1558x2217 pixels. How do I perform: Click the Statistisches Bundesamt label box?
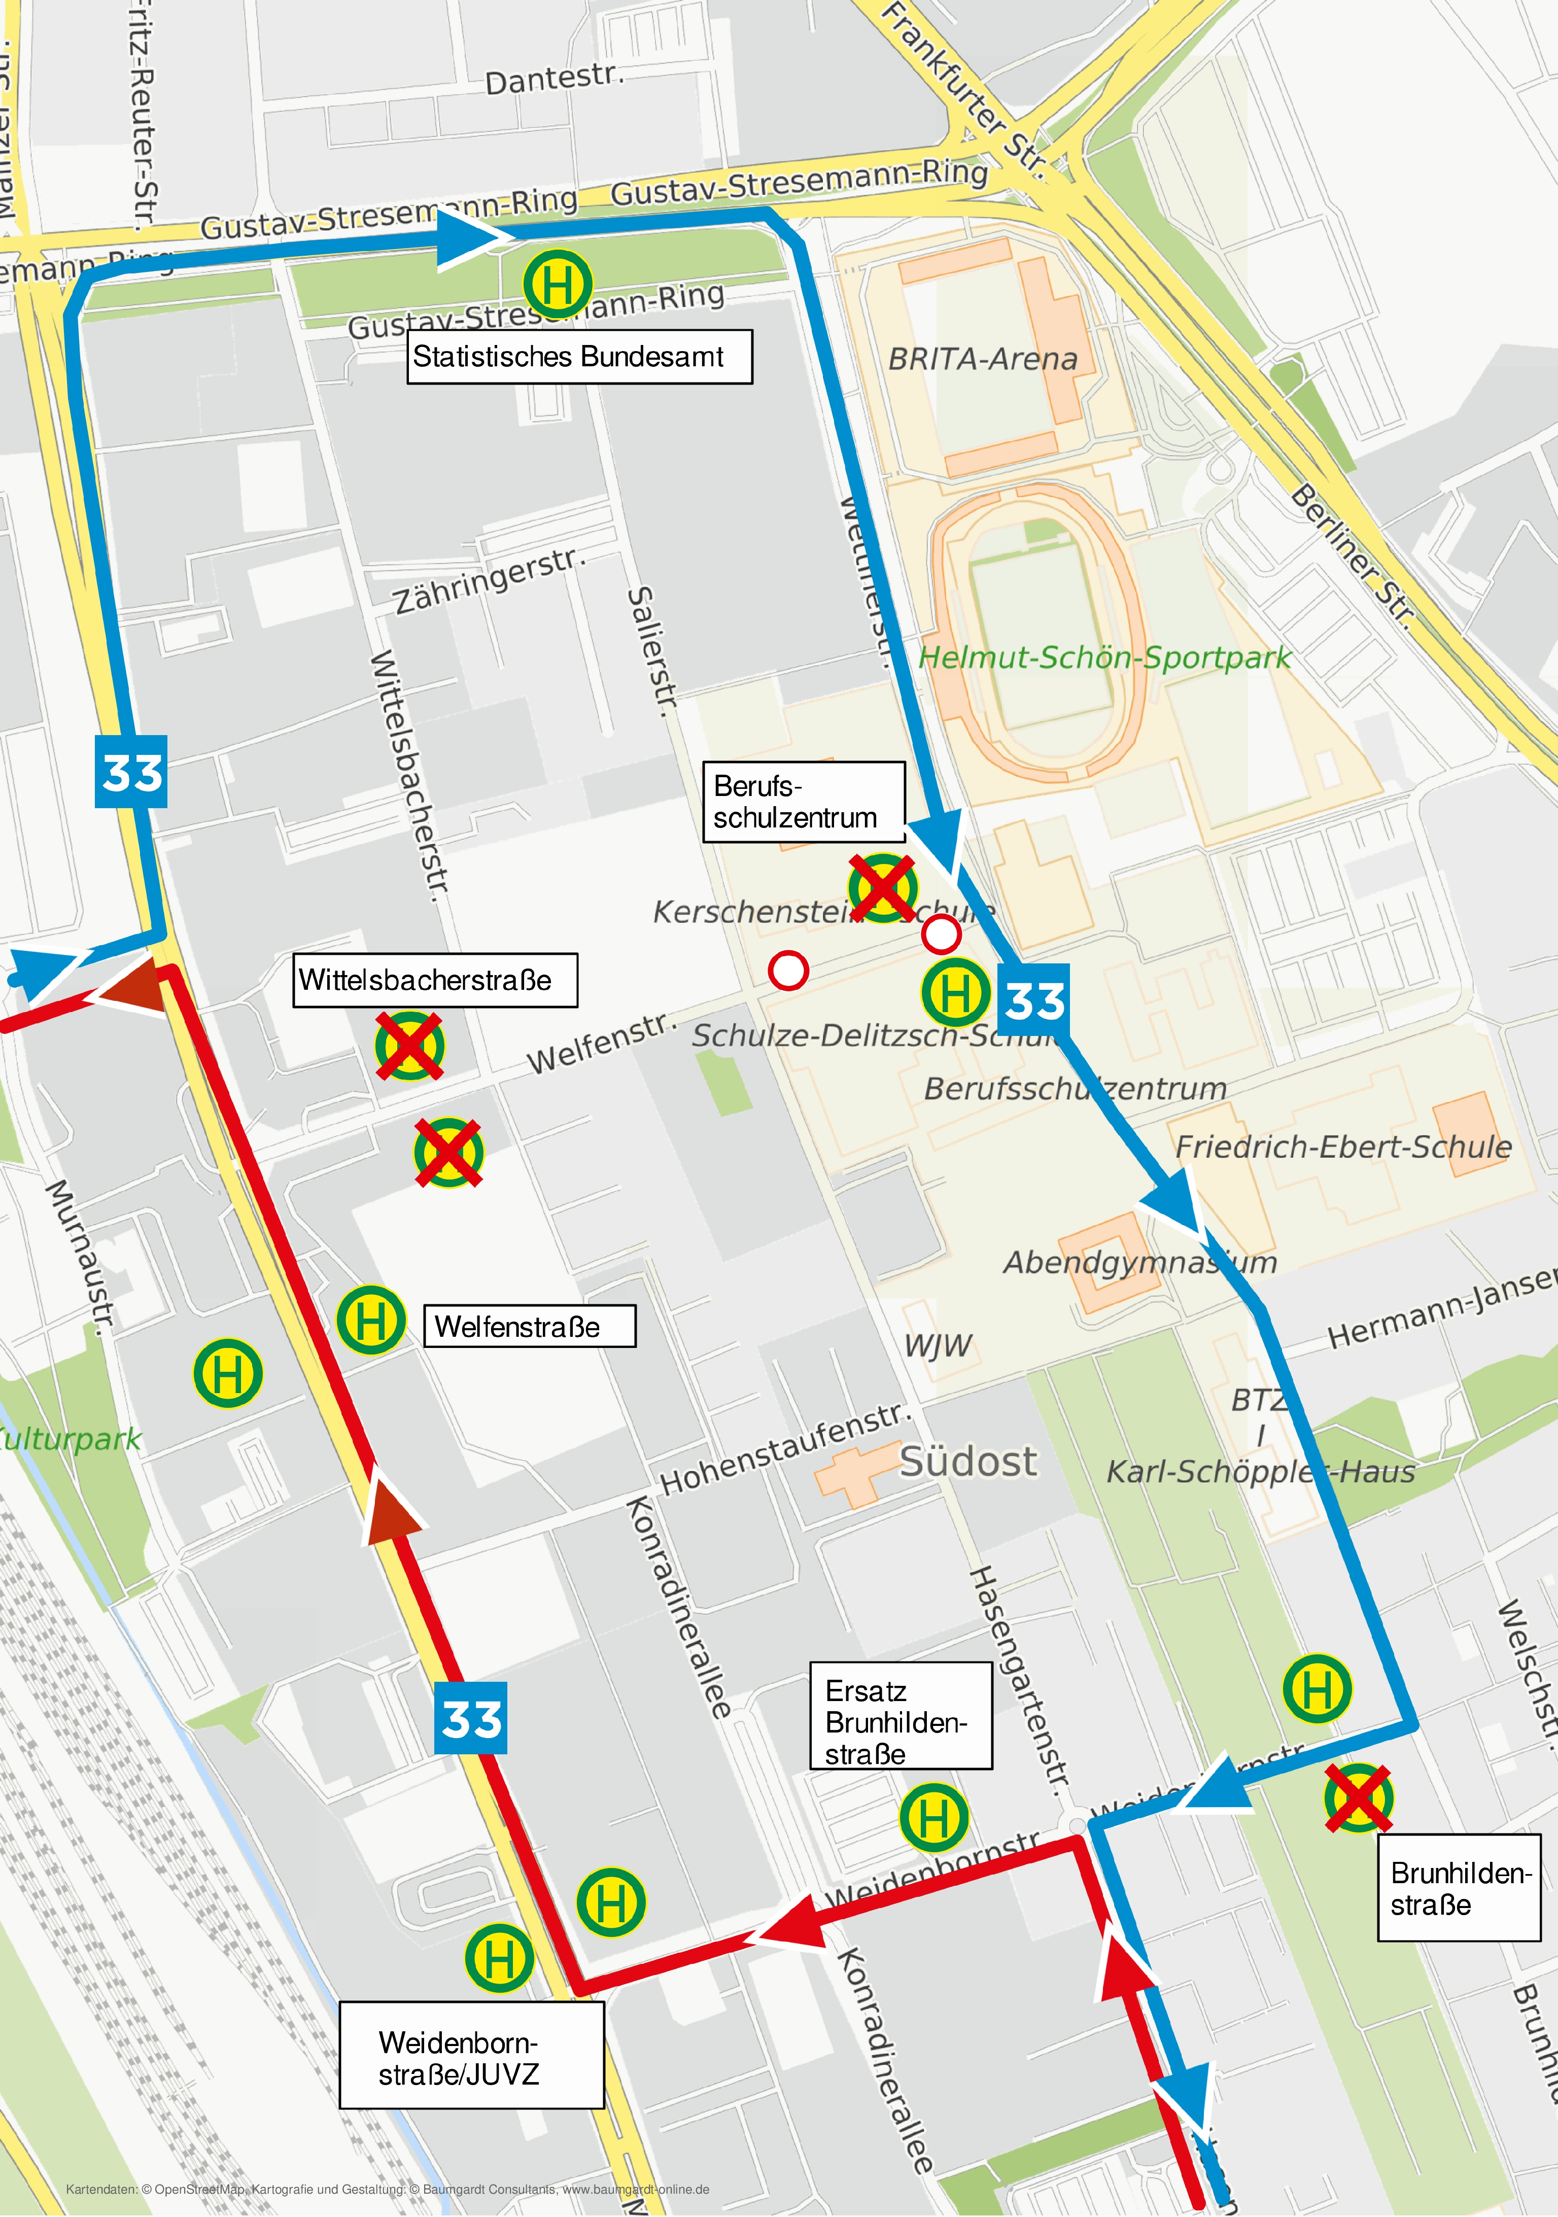pos(579,357)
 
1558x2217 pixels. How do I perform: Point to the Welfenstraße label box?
pos(530,1326)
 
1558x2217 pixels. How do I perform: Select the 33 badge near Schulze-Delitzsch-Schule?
pos(1034,1000)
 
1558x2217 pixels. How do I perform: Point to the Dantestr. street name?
pos(554,79)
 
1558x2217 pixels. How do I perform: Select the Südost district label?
pos(968,1462)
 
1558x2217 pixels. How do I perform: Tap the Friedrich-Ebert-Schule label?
pos(1343,1146)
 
